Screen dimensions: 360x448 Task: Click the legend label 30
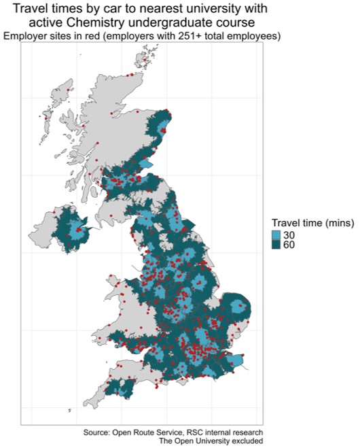point(289,235)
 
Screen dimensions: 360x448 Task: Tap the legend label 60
point(289,245)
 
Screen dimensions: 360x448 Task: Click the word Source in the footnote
point(98,432)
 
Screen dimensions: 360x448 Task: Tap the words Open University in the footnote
point(202,441)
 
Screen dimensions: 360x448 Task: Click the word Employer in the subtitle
point(24,35)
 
